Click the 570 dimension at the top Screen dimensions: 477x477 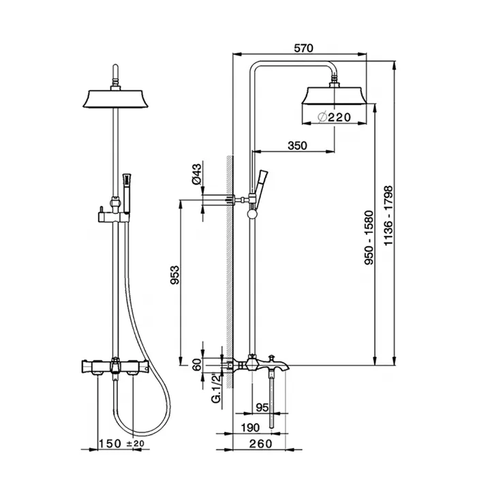coord(303,48)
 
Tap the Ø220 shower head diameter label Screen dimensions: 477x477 coord(334,117)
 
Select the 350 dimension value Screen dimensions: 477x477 coord(297,146)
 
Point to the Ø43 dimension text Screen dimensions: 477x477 coord(197,174)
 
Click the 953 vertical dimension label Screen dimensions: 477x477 coord(174,275)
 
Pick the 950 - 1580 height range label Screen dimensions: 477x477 coord(369,237)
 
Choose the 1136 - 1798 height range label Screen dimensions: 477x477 coord(388,216)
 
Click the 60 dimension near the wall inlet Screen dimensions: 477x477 coord(197,365)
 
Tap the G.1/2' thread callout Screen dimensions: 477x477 coord(217,388)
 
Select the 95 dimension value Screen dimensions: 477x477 coord(262,407)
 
